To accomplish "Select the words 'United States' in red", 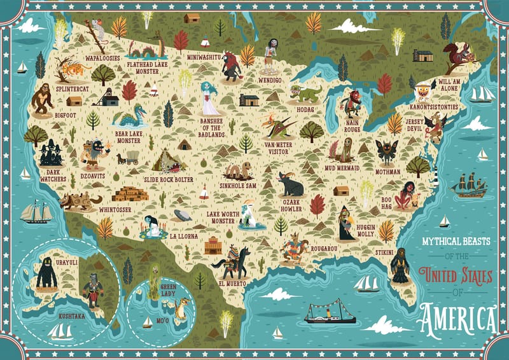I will (x=456, y=277).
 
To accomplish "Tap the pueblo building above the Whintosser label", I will (x=130, y=193).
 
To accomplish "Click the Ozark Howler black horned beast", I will (x=291, y=184).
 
